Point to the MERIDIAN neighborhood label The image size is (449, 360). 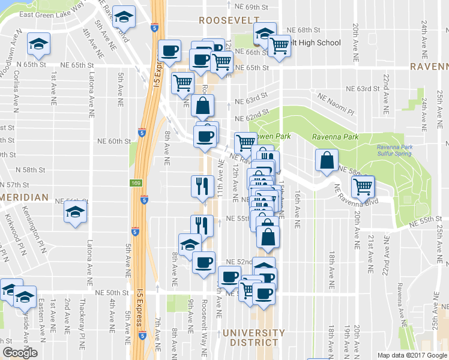click(x=24, y=197)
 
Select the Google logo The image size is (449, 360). click(x=19, y=353)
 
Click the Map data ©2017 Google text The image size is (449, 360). click(x=412, y=355)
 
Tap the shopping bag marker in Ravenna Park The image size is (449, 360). click(x=325, y=160)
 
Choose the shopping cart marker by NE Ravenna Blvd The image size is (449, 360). click(x=363, y=187)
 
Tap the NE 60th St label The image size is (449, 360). click(x=114, y=141)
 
